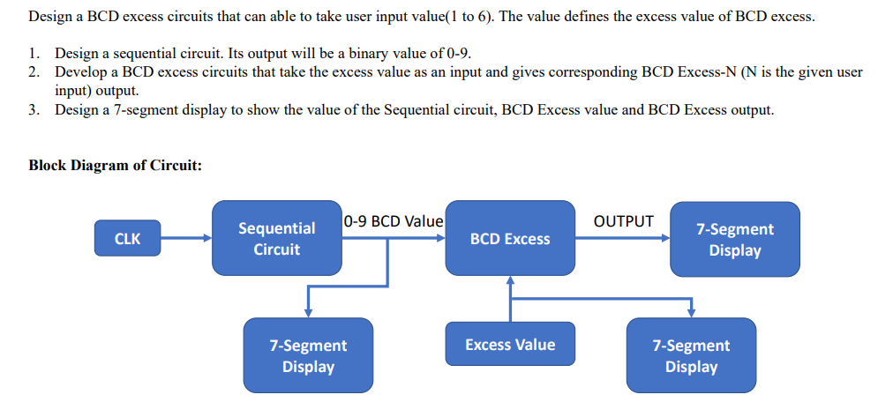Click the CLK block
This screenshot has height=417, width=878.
tap(128, 238)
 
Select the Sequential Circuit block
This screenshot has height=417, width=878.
tap(276, 238)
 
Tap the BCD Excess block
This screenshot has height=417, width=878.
tap(509, 239)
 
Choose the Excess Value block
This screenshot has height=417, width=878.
tap(510, 344)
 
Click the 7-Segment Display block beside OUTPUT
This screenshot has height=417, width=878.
tap(734, 239)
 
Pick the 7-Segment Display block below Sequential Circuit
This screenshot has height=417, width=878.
tap(308, 355)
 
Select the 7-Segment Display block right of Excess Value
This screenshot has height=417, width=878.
tap(691, 355)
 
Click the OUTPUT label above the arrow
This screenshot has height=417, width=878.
tap(624, 220)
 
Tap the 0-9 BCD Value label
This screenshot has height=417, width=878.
tap(393, 220)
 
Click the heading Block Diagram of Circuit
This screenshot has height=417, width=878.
tap(116, 165)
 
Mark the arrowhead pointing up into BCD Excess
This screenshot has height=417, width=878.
tap(510, 280)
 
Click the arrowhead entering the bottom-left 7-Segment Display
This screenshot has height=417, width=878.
tap(308, 312)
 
